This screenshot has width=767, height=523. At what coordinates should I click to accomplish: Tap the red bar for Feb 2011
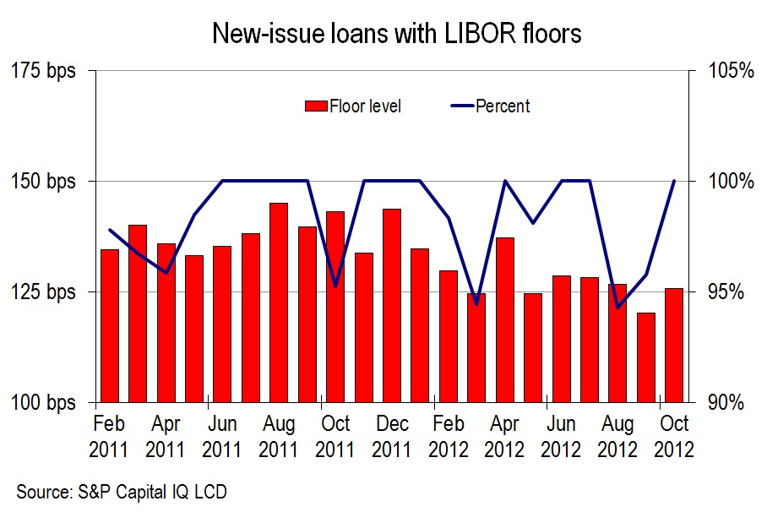coord(110,325)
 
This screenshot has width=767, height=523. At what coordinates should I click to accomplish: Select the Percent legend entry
coord(491,106)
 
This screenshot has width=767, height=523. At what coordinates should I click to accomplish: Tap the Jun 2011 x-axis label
coord(222,436)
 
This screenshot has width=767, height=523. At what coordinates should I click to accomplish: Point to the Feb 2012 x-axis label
coord(449,436)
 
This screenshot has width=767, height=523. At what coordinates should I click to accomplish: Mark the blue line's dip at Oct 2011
coord(335,286)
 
